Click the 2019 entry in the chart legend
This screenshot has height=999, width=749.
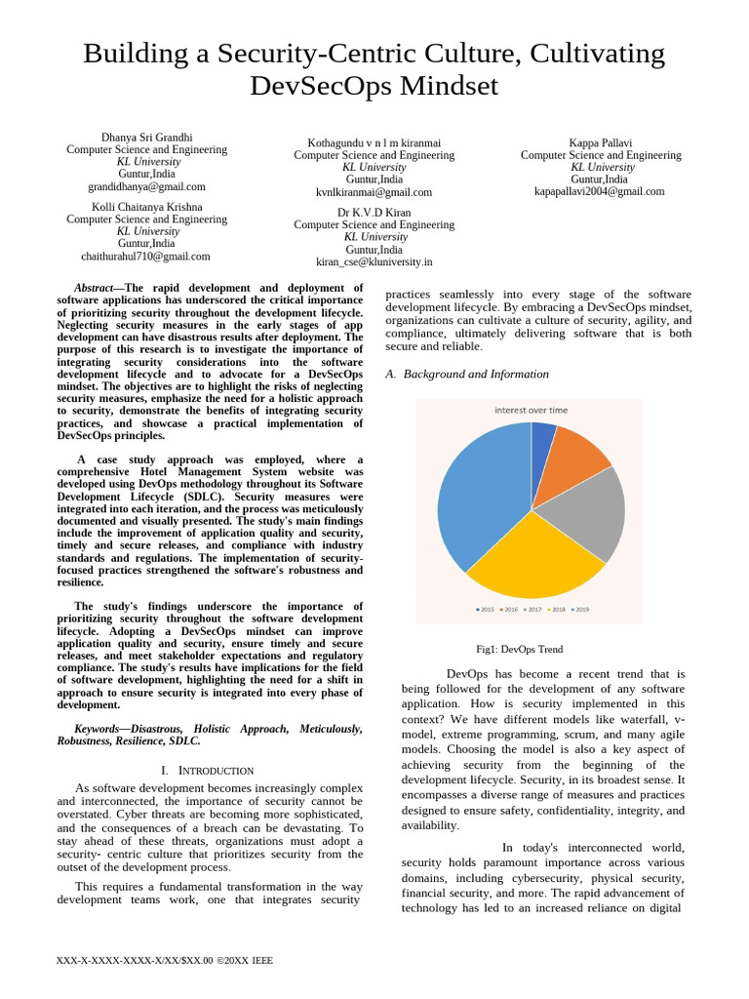[x=580, y=609]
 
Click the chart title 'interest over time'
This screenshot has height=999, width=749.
[x=531, y=411]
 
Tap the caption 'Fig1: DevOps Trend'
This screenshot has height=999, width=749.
[x=519, y=649]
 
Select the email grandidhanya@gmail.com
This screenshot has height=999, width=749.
[x=146, y=186]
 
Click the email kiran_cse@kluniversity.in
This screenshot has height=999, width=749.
[x=374, y=261]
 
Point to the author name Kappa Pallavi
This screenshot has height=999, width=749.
[x=601, y=142]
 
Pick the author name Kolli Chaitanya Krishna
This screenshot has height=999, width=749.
[x=146, y=207]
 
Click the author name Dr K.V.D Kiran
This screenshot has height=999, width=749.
[x=374, y=212]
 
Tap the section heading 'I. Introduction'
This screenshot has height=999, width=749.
[x=207, y=771]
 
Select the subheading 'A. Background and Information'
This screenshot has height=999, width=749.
[x=467, y=374]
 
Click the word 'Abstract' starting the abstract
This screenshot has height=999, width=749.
[x=95, y=288]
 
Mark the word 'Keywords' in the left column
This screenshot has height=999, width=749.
[x=98, y=729]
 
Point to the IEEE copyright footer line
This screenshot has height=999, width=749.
[x=165, y=960]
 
